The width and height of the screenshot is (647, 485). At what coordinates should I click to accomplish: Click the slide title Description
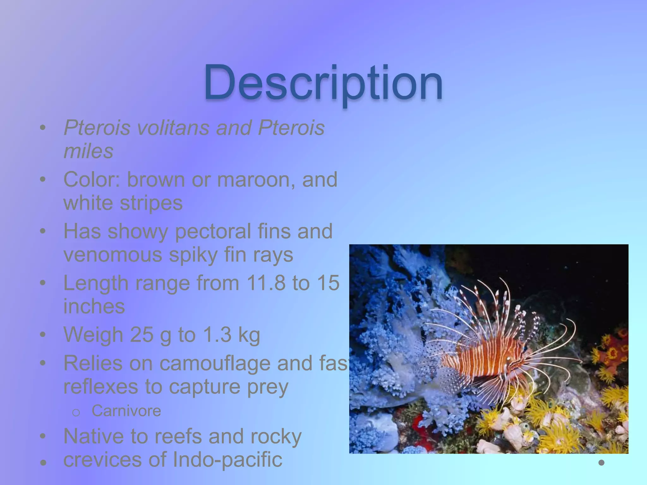(323, 83)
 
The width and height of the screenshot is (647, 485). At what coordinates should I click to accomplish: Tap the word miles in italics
(88, 151)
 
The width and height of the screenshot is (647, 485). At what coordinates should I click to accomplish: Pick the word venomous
(113, 254)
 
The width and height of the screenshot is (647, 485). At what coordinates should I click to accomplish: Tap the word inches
(94, 306)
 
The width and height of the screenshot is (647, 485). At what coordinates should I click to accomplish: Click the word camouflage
(215, 363)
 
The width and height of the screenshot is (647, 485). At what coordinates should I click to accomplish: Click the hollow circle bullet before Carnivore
(76, 412)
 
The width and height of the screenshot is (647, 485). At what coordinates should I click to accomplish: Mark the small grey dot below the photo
(601, 463)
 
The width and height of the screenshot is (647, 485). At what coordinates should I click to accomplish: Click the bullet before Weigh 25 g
(43, 335)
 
